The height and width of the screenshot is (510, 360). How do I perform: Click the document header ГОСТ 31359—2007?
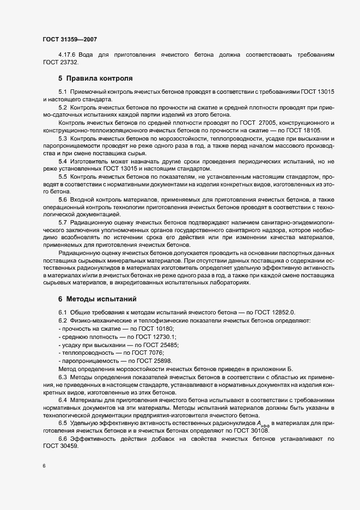click(x=70, y=40)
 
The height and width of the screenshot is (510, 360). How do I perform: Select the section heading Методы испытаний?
click(x=97, y=299)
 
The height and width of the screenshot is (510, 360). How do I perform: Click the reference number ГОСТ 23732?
click(x=57, y=63)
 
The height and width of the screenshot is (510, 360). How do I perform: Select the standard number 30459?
click(x=57, y=446)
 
